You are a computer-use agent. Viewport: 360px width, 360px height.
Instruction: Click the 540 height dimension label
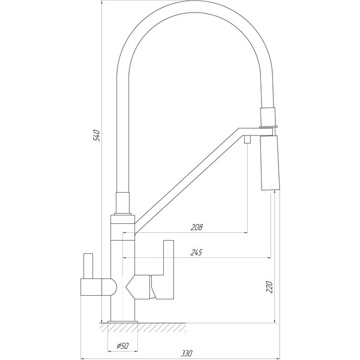(x=97, y=136)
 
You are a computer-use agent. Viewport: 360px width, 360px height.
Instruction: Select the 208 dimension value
(x=197, y=227)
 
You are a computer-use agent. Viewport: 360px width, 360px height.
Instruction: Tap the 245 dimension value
(x=197, y=253)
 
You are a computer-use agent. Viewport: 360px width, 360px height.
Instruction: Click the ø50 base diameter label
(x=122, y=346)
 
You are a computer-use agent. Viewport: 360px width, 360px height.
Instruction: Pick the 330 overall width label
(x=187, y=353)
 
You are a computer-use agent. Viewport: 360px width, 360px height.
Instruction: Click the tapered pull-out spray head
(x=270, y=163)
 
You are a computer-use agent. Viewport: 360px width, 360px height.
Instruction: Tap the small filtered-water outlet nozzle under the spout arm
(x=247, y=139)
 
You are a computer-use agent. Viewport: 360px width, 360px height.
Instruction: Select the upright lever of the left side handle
(x=88, y=266)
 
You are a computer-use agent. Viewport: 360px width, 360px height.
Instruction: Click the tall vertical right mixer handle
(x=168, y=269)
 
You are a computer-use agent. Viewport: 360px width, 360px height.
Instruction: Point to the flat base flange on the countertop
(x=122, y=322)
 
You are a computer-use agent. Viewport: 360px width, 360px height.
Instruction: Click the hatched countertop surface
(x=143, y=328)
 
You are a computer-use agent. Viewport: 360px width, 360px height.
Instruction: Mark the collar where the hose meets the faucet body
(x=123, y=203)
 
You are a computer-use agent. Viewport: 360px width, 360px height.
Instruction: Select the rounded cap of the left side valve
(x=109, y=287)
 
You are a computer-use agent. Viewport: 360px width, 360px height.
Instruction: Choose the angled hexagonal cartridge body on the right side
(x=138, y=287)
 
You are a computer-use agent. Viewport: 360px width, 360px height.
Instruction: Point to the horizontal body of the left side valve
(x=91, y=287)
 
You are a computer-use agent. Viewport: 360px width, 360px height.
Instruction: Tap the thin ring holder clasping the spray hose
(x=269, y=127)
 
